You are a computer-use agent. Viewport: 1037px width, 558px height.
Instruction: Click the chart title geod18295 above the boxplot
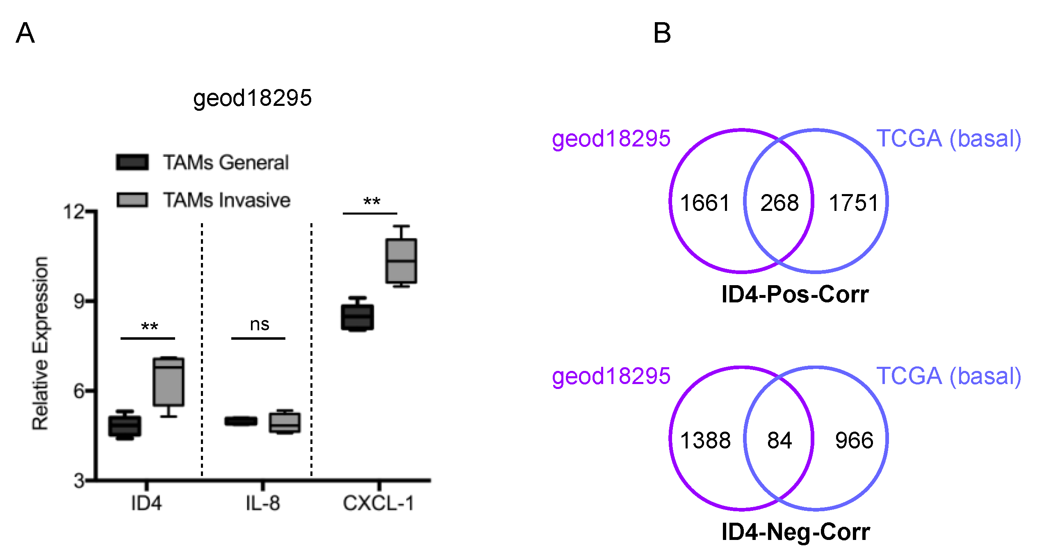tap(252, 98)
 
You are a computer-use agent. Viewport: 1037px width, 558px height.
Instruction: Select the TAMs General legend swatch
tap(132, 162)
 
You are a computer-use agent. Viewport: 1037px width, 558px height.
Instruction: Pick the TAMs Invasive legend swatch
tap(132, 200)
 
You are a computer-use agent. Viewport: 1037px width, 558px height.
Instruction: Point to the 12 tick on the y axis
tap(74, 212)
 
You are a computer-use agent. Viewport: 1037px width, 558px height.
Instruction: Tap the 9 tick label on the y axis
tap(79, 302)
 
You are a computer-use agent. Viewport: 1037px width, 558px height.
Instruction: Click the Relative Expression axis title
tap(40, 343)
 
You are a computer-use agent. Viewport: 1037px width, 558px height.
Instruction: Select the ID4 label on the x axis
tap(146, 503)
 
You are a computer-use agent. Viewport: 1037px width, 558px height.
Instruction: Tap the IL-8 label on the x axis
tap(263, 503)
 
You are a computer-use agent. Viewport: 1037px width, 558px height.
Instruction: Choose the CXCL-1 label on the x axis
tap(378, 503)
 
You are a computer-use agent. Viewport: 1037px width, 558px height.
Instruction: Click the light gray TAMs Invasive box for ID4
tap(169, 382)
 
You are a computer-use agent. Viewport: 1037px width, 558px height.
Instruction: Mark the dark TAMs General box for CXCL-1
tap(357, 317)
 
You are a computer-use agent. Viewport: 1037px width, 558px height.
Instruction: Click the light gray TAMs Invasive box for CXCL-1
tap(401, 261)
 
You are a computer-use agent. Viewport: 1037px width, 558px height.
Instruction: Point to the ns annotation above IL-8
tap(260, 325)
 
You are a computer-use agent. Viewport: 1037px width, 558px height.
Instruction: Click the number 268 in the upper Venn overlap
tap(779, 203)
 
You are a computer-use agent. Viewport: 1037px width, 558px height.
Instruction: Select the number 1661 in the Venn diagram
tap(705, 203)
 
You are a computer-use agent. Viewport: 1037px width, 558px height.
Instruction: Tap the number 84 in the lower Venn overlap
tap(779, 440)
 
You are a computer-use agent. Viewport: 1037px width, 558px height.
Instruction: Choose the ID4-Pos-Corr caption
tap(795, 294)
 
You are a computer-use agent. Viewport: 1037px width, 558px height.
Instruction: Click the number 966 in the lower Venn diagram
tap(854, 440)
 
